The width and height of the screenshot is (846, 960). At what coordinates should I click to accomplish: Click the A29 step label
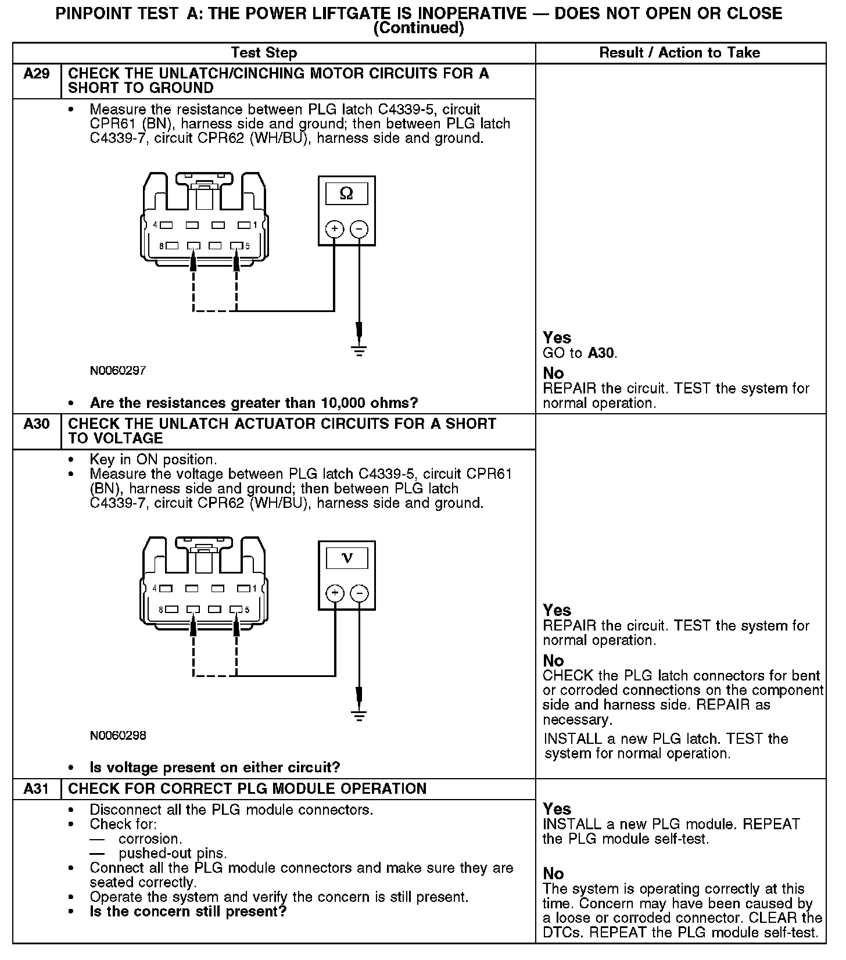click(36, 74)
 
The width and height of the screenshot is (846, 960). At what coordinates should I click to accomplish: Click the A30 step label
click(36, 424)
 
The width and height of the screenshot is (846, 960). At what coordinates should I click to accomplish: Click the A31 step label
click(36, 789)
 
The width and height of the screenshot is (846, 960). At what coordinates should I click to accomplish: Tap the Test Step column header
click(264, 53)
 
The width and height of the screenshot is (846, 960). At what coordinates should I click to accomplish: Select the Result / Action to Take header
click(679, 53)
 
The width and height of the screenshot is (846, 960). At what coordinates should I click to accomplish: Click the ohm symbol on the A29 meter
click(346, 193)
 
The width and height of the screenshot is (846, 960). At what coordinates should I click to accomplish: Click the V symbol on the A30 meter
click(347, 558)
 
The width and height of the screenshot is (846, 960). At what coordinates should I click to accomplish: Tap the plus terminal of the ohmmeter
click(335, 229)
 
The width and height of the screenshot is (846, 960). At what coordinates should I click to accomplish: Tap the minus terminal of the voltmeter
click(360, 593)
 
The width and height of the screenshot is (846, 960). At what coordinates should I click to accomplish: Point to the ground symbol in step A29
click(360, 350)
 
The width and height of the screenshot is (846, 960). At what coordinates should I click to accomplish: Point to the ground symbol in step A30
click(360, 715)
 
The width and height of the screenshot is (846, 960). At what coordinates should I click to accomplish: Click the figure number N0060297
click(118, 370)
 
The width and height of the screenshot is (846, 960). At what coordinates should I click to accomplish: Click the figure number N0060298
click(118, 735)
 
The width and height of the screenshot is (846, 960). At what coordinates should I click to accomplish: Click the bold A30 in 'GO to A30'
click(601, 353)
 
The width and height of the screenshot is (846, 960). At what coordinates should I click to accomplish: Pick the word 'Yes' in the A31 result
click(557, 808)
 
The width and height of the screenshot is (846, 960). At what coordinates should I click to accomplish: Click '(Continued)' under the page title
click(418, 28)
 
